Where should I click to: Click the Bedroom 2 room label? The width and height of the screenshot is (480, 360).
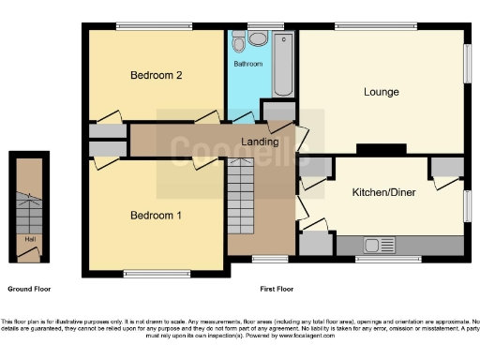click(x=156, y=75)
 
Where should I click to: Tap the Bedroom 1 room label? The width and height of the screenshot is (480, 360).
click(x=156, y=216)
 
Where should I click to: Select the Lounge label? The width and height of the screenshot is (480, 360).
click(x=382, y=92)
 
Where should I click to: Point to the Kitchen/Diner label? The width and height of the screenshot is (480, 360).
click(x=383, y=192)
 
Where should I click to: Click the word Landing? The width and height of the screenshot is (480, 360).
click(x=259, y=142)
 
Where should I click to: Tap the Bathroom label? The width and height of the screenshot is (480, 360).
click(x=247, y=64)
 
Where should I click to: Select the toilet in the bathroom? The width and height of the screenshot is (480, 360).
click(x=240, y=42)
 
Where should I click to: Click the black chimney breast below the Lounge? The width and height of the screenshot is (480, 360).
click(x=374, y=149)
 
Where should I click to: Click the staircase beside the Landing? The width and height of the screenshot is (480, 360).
click(x=241, y=192)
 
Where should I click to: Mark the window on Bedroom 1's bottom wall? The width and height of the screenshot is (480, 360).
click(x=153, y=274)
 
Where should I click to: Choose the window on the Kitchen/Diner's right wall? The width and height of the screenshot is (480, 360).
click(x=467, y=204)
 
